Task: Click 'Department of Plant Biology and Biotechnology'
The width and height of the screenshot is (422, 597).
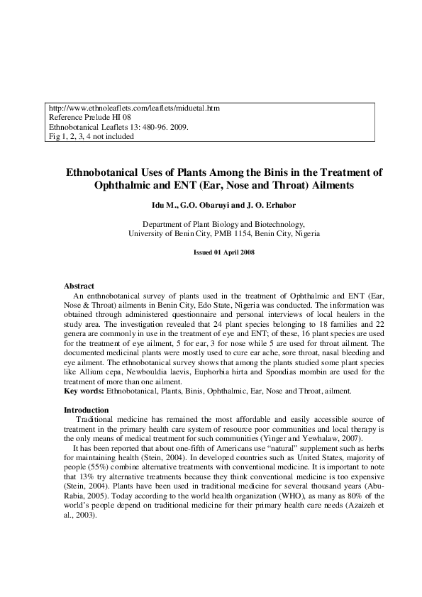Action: click(x=223, y=223)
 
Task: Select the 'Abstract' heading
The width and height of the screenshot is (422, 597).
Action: click(x=79, y=286)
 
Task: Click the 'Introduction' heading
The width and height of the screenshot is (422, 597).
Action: click(x=87, y=410)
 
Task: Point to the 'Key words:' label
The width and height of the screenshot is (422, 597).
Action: click(x=82, y=391)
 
